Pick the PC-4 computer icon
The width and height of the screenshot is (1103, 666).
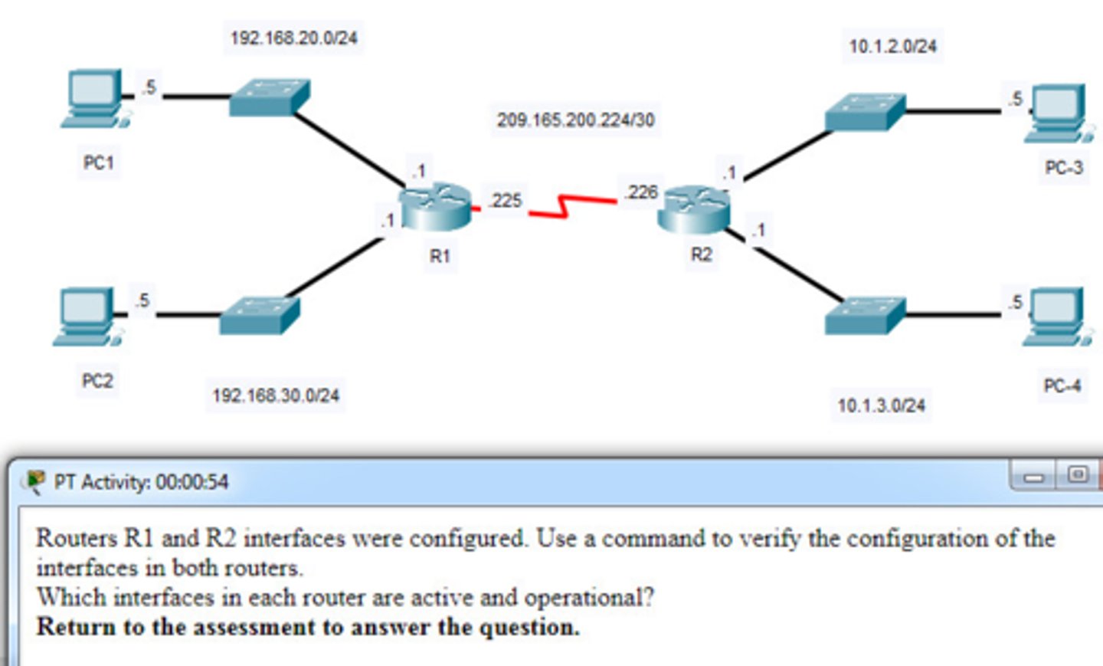pyautogui.click(x=1058, y=317)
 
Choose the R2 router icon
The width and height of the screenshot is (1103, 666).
pyautogui.click(x=694, y=208)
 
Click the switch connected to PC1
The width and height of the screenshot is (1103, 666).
pyautogui.click(x=270, y=97)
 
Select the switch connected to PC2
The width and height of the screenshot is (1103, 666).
pyautogui.click(x=260, y=315)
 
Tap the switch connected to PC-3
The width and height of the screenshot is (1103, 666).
pyautogui.click(x=866, y=112)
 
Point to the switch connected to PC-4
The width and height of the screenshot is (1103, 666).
pyautogui.click(x=866, y=315)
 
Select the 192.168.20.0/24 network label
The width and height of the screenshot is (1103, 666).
pyautogui.click(x=293, y=38)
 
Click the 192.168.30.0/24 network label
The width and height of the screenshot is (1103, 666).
pyautogui.click(x=276, y=395)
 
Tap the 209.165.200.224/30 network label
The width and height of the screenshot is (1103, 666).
pyautogui.click(x=575, y=120)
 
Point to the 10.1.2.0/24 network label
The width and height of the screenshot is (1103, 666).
pyautogui.click(x=892, y=46)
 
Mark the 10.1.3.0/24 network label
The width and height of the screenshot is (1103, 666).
pyautogui.click(x=881, y=405)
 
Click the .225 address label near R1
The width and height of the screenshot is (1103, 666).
pyautogui.click(x=506, y=201)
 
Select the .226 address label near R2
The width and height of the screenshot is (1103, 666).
pyautogui.click(x=641, y=192)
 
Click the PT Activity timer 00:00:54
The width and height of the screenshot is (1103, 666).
pyautogui.click(x=191, y=482)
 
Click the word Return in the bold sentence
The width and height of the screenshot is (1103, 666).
pyautogui.click(x=77, y=627)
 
